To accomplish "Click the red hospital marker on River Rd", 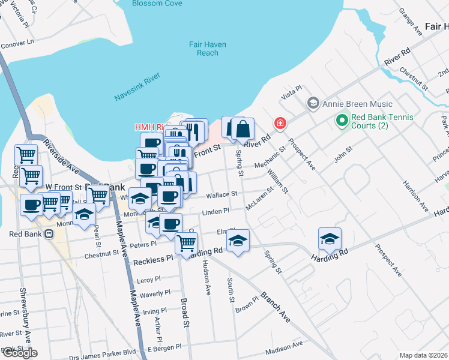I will pyautogui.click(x=279, y=124).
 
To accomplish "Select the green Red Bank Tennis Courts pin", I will pyautogui.click(x=342, y=121).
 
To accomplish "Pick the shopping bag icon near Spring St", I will pyautogui.click(x=243, y=128).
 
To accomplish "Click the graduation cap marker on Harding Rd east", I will pyautogui.click(x=330, y=239).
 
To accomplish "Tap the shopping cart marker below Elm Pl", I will pyautogui.click(x=187, y=242).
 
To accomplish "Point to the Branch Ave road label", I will pyautogui.click(x=276, y=308).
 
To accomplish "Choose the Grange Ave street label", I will pyautogui.click(x=411, y=22).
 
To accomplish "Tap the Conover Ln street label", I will pyautogui.click(x=17, y=43).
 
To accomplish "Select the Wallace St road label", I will pyautogui.click(x=223, y=194).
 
